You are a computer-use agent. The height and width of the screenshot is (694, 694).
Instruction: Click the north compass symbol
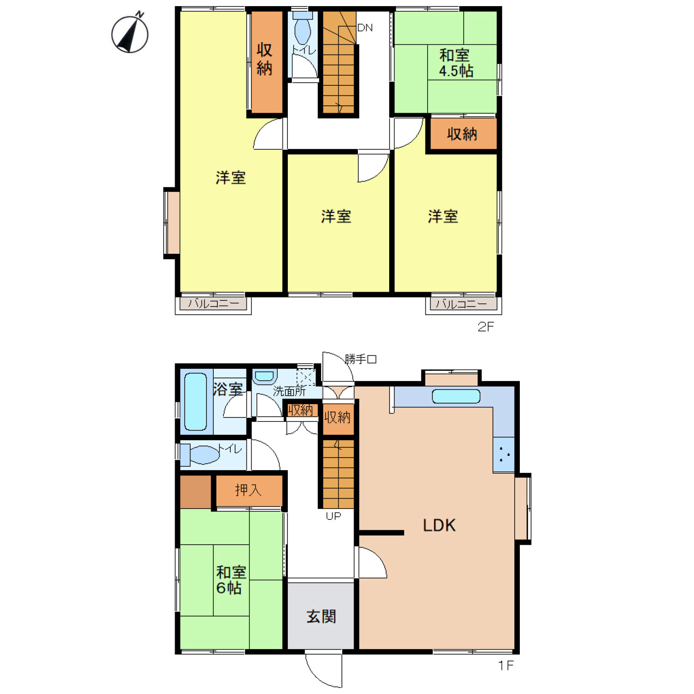pyautogui.click(x=130, y=33)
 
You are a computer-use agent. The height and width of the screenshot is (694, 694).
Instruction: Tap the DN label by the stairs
pyautogui.click(x=365, y=28)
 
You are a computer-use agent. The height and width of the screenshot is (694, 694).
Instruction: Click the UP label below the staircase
pyautogui.click(x=334, y=516)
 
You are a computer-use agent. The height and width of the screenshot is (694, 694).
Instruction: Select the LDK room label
pyautogui.click(x=439, y=526)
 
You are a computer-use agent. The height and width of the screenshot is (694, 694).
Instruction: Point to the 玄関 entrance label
pyautogui.click(x=321, y=617)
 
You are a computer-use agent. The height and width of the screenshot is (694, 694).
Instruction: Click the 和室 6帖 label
pyautogui.click(x=231, y=580)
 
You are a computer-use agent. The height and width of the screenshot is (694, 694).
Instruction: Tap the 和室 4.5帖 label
pyautogui.click(x=455, y=63)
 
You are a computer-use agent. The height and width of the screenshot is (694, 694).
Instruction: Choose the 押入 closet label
pyautogui.click(x=248, y=490)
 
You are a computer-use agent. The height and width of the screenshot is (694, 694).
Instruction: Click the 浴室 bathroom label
pyautogui.click(x=228, y=389)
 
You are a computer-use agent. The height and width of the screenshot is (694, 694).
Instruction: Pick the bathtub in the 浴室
pyautogui.click(x=195, y=401)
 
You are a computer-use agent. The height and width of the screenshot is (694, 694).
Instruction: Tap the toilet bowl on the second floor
pyautogui.click(x=302, y=31)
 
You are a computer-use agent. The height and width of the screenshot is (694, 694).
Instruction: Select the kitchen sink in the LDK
pyautogui.click(x=456, y=396)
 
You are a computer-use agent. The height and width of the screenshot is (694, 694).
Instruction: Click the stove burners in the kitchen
pyautogui.click(x=504, y=455)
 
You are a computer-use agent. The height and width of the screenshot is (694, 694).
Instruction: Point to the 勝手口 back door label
pyautogui.click(x=360, y=359)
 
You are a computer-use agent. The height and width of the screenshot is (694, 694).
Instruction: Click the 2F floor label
pyautogui.click(x=486, y=327)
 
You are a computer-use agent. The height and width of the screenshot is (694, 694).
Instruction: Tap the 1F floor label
pyautogui.click(x=506, y=665)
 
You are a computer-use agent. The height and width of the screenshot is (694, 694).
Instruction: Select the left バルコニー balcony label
pyautogui.click(x=213, y=303)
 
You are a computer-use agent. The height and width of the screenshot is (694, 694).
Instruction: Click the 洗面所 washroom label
pyautogui.click(x=290, y=391)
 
